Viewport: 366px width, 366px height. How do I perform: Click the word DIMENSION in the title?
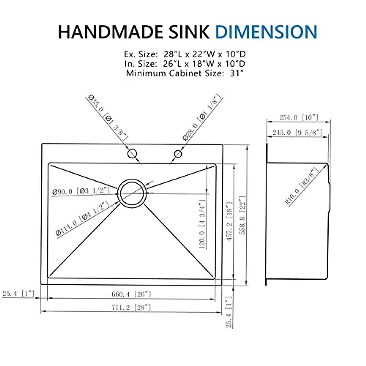[x=266, y=32]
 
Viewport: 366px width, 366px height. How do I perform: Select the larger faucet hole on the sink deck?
[x=132, y=153]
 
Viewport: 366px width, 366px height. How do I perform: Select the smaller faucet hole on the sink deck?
[x=178, y=154]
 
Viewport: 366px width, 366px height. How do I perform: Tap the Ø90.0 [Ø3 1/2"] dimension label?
[x=81, y=191]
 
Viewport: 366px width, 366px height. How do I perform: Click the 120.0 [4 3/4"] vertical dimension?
[x=202, y=224]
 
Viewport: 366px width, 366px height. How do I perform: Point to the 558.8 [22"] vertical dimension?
[x=242, y=215]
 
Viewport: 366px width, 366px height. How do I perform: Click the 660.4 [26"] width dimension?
[x=131, y=294]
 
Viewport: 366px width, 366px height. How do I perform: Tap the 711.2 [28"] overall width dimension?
[x=131, y=307]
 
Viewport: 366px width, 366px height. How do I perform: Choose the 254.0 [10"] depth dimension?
[x=299, y=117]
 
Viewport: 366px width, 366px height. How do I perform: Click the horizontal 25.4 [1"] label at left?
[x=18, y=294]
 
